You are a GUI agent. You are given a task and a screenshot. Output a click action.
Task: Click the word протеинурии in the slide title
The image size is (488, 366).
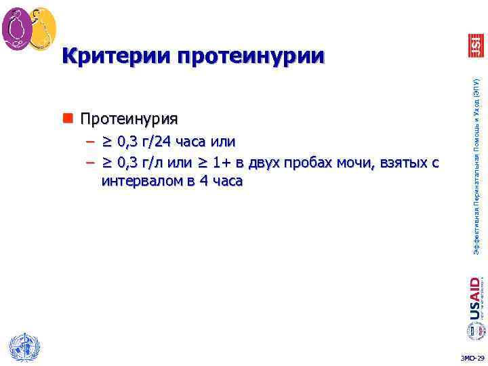tap(251, 56)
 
